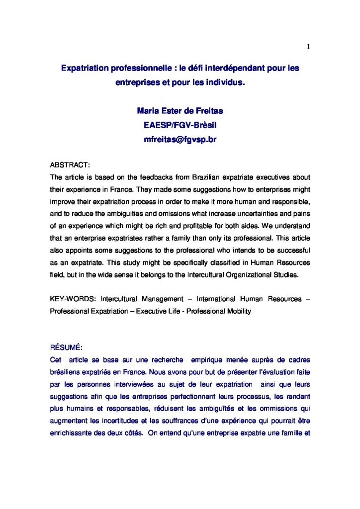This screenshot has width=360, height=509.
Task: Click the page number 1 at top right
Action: pos(308,47)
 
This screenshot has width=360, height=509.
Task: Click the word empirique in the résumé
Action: pos(208,359)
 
